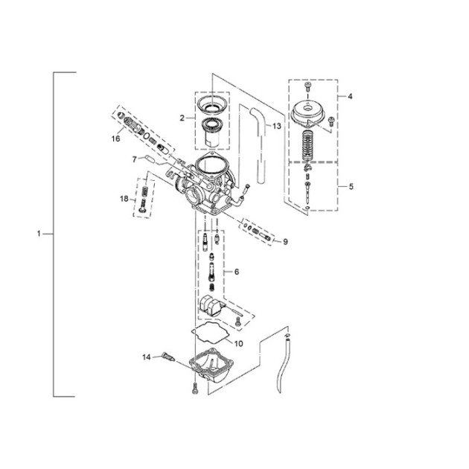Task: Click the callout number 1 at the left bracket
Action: (39, 233)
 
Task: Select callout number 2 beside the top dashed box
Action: (182, 118)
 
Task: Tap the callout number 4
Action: (350, 96)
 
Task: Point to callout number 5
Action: (351, 187)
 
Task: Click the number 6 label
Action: (237, 272)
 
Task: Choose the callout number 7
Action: (135, 160)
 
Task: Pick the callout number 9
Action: (285, 242)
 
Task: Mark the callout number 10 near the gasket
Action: (238, 344)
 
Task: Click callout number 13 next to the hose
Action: (277, 127)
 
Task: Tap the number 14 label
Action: (146, 357)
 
